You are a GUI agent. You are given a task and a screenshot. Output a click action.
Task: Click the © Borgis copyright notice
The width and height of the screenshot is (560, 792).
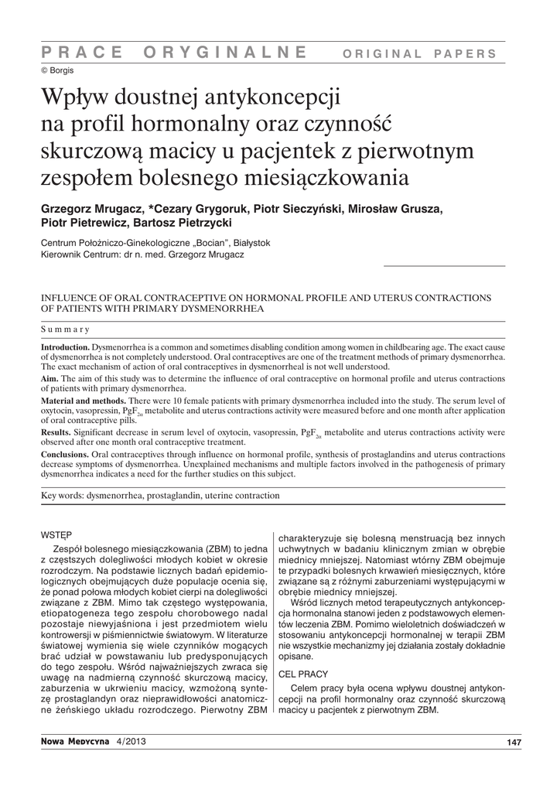pos(58,70)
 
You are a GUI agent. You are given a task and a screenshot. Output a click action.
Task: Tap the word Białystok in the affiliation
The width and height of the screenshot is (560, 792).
pos(247,243)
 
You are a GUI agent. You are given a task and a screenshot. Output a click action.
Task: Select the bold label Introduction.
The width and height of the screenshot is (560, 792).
pos(66,347)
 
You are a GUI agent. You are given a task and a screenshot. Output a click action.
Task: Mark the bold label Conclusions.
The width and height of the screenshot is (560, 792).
pos(65,454)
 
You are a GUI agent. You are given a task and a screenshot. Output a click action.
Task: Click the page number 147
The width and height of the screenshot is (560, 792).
pos(513,743)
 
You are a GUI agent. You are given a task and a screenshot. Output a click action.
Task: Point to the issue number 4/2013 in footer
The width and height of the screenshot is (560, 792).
pos(130,742)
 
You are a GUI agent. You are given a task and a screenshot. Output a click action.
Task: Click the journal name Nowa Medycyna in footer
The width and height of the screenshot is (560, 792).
pos(75,742)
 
